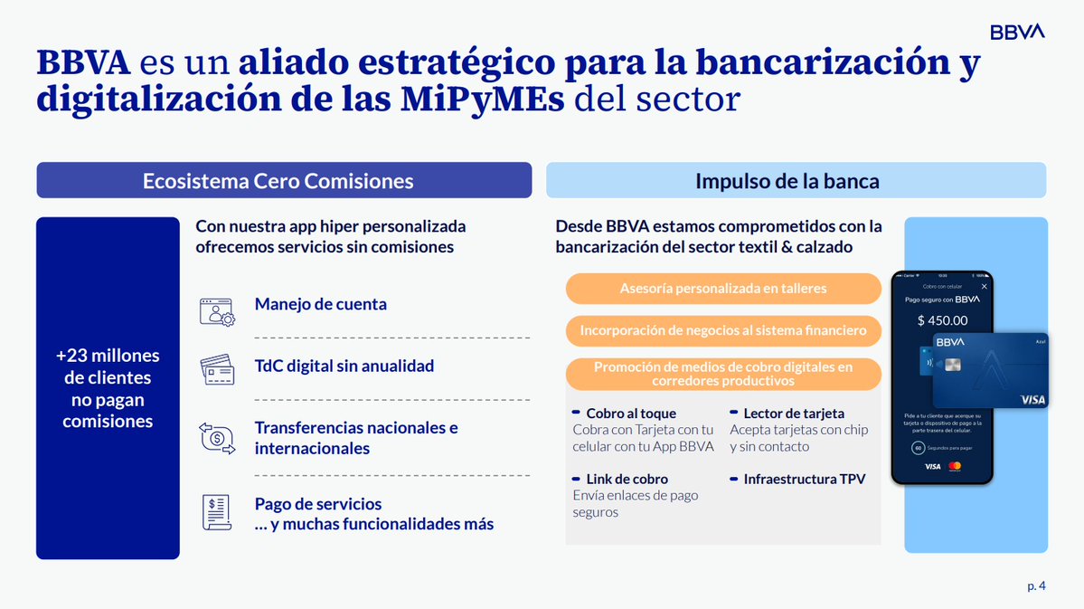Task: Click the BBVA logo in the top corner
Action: pyautogui.click(x=1017, y=32)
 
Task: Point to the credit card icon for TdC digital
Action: pyautogui.click(x=217, y=369)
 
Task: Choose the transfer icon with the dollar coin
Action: pyautogui.click(x=217, y=439)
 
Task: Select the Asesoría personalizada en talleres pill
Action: pyautogui.click(x=722, y=289)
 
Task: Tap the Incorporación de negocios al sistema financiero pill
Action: pyautogui.click(x=722, y=331)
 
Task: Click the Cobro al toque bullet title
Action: pyautogui.click(x=630, y=414)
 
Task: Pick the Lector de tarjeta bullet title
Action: pyautogui.click(x=793, y=414)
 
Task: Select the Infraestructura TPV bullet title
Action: pyautogui.click(x=804, y=479)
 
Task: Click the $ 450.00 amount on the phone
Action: pyautogui.click(x=941, y=320)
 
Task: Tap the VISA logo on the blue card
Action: pyautogui.click(x=1032, y=399)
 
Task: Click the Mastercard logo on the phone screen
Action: pyautogui.click(x=955, y=466)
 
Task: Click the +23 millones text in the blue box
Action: pyautogui.click(x=108, y=356)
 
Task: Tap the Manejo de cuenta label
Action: pyautogui.click(x=320, y=304)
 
